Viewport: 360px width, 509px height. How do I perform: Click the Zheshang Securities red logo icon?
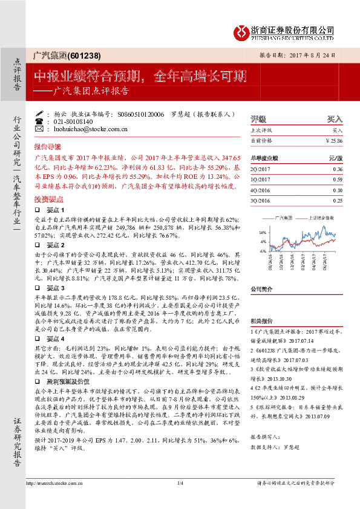(242, 30)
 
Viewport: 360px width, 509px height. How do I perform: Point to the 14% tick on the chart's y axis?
(262, 232)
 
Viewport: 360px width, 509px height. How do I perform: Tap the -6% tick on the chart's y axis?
(262, 250)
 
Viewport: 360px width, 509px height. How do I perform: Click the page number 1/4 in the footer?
(180, 499)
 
